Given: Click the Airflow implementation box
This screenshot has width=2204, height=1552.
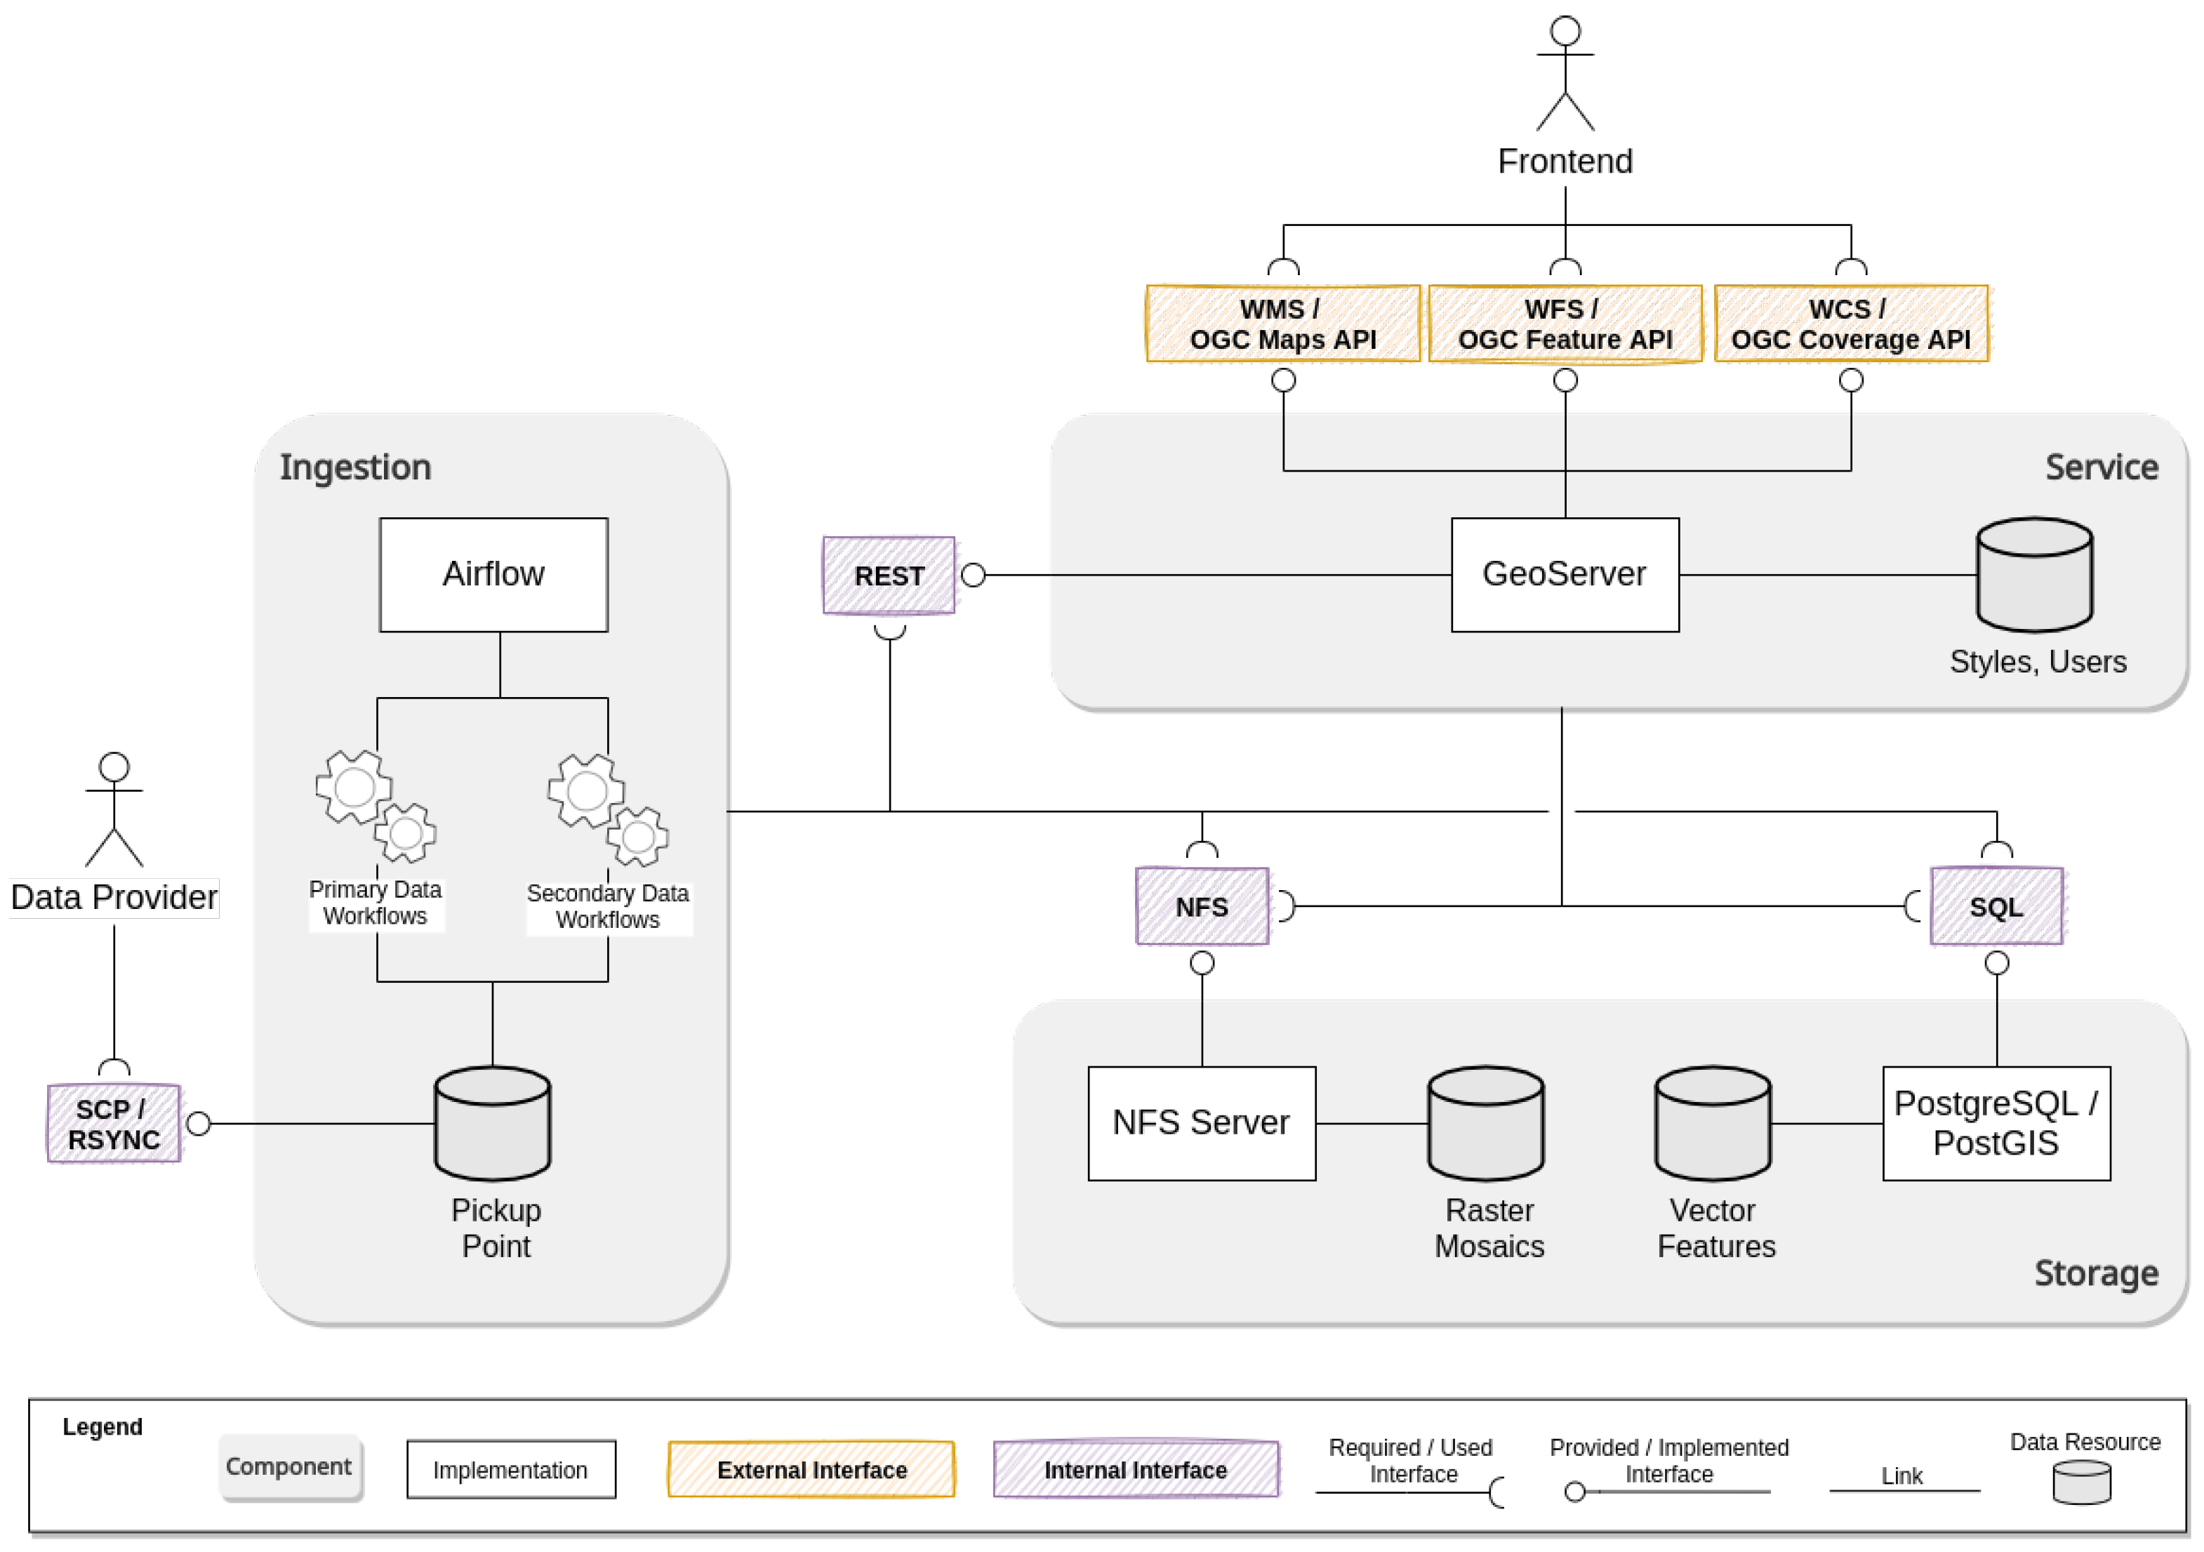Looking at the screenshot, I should pyautogui.click(x=493, y=574).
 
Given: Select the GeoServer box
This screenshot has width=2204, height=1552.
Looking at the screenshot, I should pyautogui.click(x=1564, y=574).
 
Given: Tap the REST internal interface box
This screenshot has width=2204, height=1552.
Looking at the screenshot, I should pyautogui.click(x=889, y=575).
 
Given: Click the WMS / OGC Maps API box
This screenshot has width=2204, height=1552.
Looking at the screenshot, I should pyautogui.click(x=1282, y=324).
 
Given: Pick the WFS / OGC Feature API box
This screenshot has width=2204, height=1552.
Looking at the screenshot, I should pyautogui.click(x=1565, y=324).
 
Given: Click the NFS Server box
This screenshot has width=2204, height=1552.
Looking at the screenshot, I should pyautogui.click(x=1201, y=1122).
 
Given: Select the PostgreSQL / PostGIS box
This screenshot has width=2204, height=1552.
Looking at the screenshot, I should pyautogui.click(x=1996, y=1122).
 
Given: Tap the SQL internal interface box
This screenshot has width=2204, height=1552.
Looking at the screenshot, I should pyautogui.click(x=1996, y=906).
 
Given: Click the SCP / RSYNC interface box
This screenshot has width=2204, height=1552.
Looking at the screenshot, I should pyautogui.click(x=113, y=1123).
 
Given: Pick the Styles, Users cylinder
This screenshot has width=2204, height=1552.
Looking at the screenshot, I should pyautogui.click(x=2034, y=574).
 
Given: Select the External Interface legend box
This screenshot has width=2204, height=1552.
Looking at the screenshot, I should pyautogui.click(x=811, y=1468).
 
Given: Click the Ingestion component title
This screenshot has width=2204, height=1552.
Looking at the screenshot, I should pyautogui.click(x=355, y=467).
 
